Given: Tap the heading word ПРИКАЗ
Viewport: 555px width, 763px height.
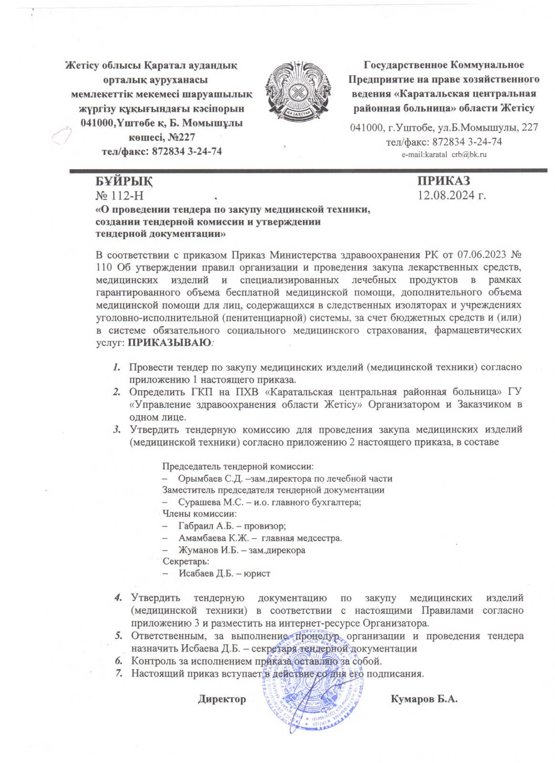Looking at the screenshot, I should pos(444,181).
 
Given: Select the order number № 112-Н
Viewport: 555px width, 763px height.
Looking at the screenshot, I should pos(119,195).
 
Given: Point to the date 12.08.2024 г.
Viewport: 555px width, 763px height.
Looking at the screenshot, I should pos(451,195).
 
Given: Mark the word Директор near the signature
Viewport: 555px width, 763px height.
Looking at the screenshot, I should pos(222,699).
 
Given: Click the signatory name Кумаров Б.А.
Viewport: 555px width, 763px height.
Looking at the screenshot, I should pos(424,699).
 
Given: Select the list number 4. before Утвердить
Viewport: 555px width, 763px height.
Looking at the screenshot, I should pos(117,598).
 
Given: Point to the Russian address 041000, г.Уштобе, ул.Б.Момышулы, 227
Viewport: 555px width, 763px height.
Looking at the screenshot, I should pos(444,127).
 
